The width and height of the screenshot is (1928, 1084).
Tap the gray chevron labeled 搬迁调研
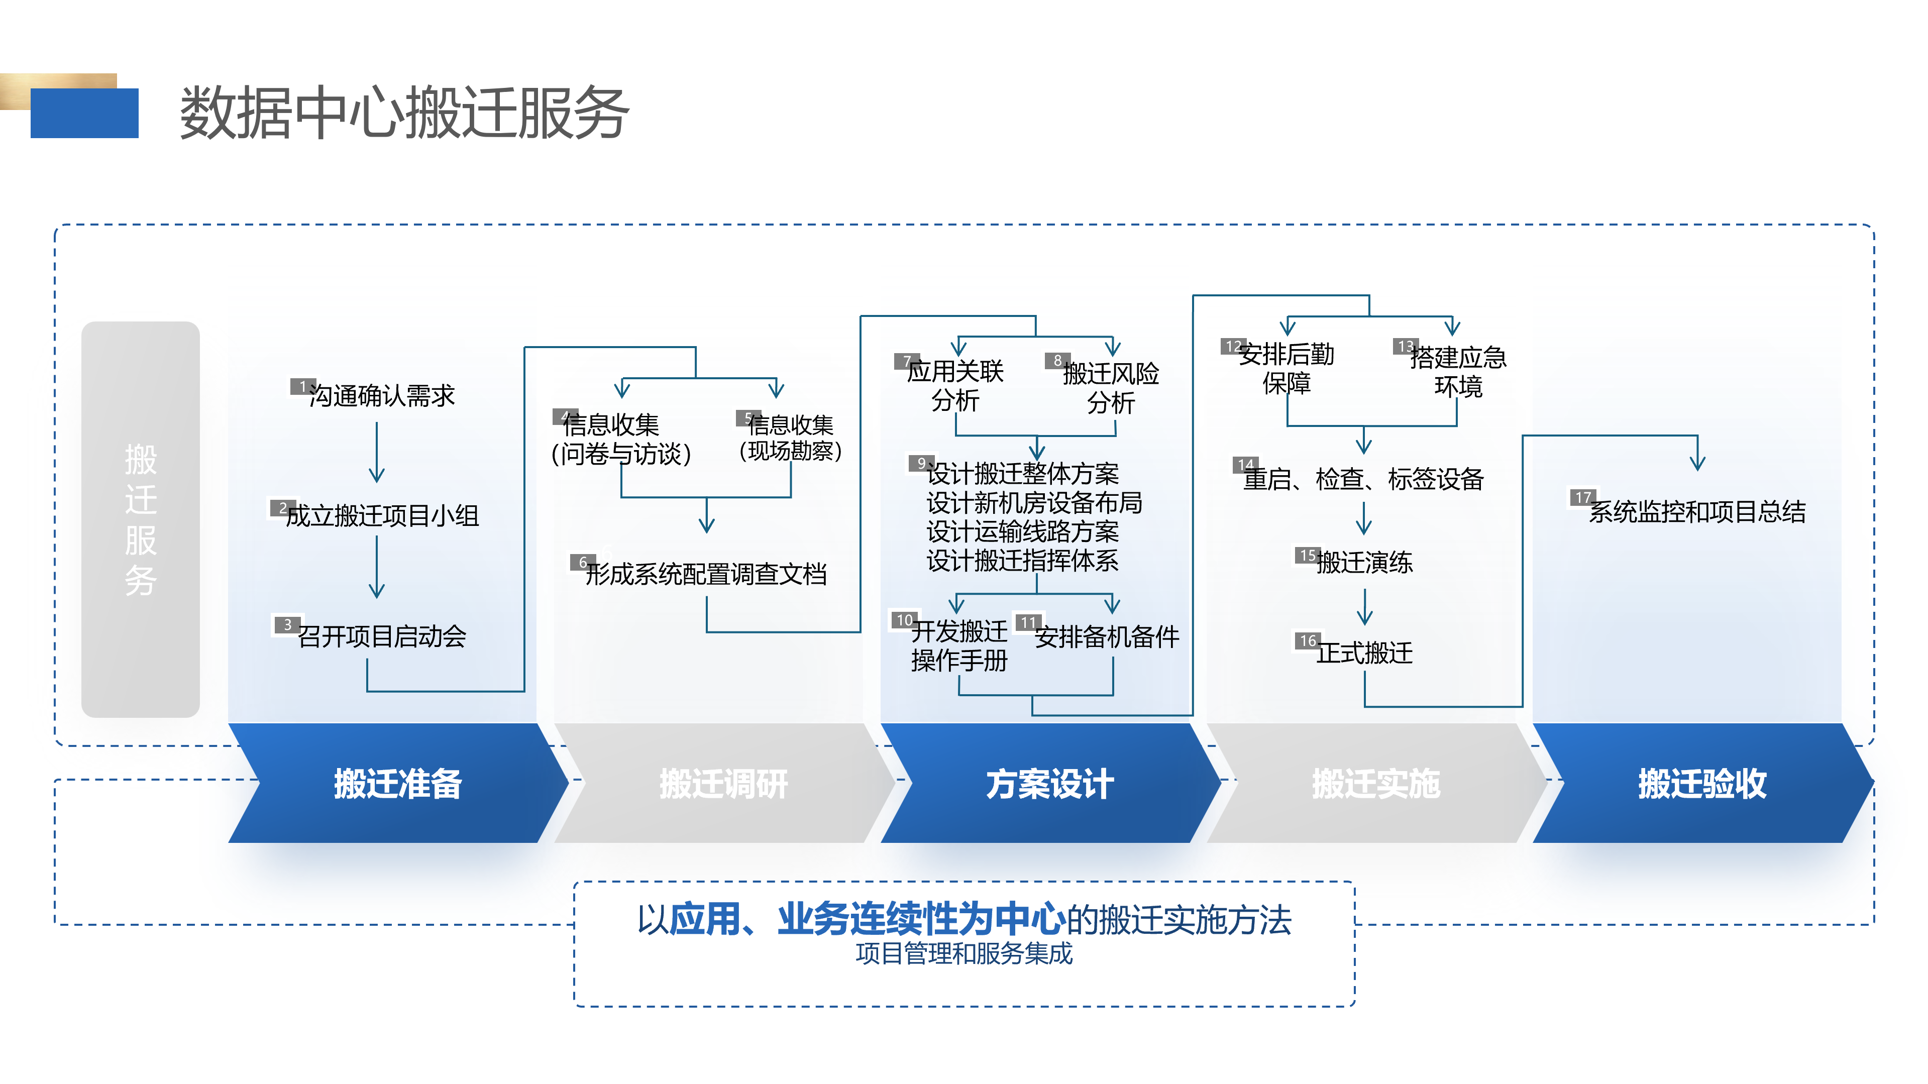723,784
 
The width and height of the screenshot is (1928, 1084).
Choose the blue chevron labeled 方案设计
1049,784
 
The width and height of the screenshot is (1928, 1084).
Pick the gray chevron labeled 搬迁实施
1375,784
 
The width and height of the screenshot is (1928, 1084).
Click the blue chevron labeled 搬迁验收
1702,784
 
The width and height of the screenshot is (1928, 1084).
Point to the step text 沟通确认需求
382,395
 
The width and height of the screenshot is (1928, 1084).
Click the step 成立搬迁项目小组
382,515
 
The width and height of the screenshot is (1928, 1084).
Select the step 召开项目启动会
382,636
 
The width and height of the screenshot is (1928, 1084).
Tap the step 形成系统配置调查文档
706,574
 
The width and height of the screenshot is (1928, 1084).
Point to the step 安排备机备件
1106,637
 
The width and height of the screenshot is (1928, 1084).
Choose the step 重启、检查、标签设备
1363,479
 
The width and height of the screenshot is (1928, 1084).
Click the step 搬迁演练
1364,562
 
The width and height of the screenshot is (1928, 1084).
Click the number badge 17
1582,498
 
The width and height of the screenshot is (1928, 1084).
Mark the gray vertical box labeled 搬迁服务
141,519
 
